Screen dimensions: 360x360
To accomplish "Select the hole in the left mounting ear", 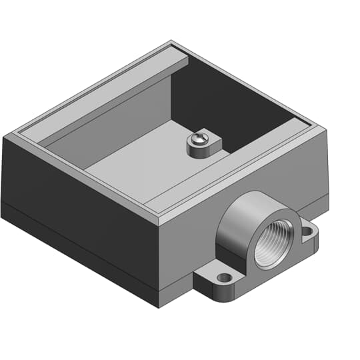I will (223, 277).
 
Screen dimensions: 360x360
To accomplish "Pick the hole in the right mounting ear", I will (307, 231).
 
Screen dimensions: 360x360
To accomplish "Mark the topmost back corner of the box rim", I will (171, 43).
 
